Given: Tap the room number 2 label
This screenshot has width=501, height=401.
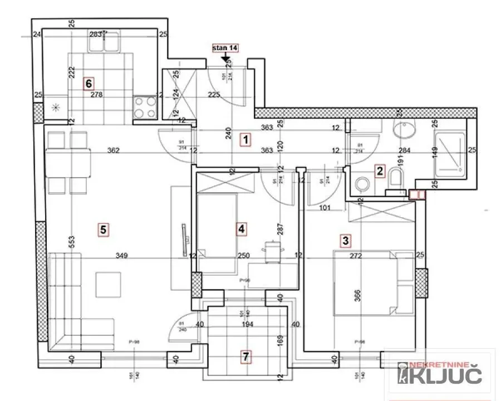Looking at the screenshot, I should coord(380,171).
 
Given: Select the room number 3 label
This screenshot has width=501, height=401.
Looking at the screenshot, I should coord(346,241).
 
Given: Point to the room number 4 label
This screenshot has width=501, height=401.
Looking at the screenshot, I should coord(241,228).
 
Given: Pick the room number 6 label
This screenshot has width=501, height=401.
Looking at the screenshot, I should coord(87,84).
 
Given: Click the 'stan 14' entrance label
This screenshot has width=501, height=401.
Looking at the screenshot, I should coord(225,48).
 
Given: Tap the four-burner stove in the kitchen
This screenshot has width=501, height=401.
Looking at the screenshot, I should coord(145,107).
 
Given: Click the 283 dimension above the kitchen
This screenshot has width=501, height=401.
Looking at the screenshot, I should coord(95,35).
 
